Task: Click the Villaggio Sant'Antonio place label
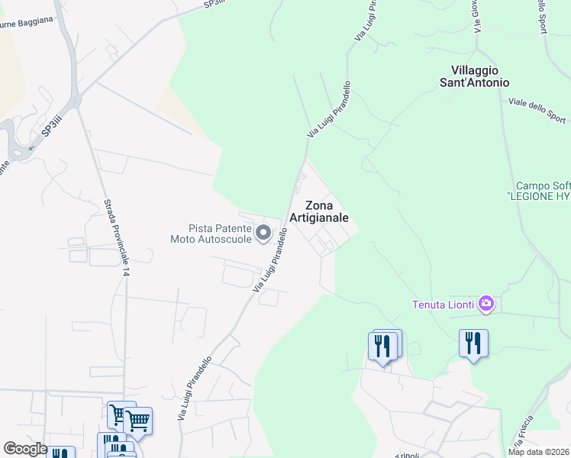[474, 76]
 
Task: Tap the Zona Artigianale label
[327, 211]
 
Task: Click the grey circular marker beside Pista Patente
[263, 233]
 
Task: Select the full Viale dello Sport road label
[537, 110]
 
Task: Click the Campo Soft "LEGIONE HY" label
[543, 191]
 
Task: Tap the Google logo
[25, 449]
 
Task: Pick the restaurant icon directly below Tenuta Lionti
[473, 343]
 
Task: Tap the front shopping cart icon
[138, 420]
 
